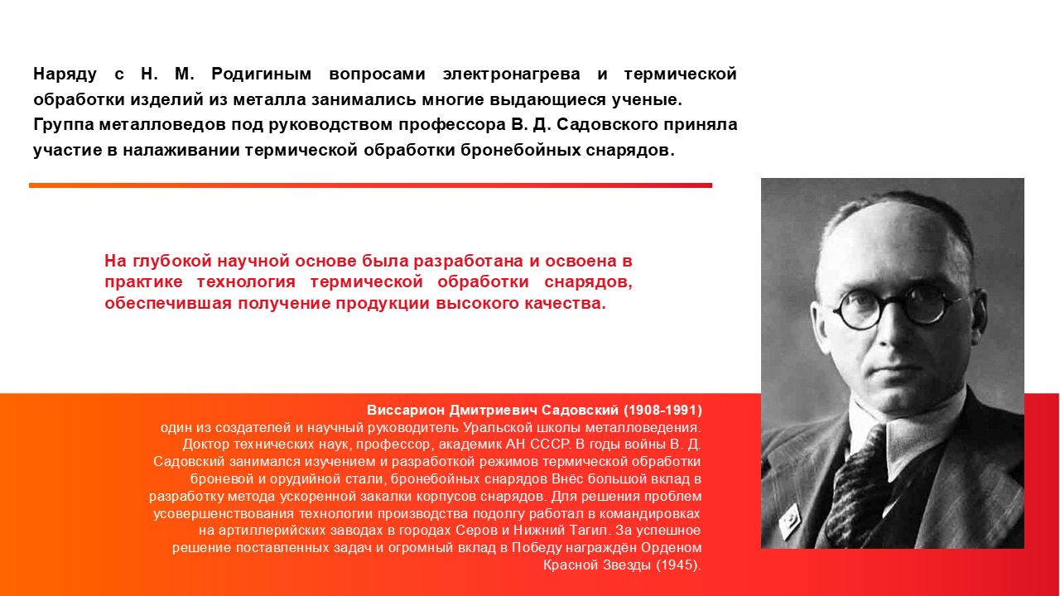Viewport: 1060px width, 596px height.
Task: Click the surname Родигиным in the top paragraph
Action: coord(261,74)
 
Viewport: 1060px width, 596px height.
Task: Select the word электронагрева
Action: coord(512,74)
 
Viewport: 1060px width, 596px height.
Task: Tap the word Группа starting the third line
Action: coord(64,125)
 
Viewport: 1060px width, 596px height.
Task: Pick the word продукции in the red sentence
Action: coord(383,303)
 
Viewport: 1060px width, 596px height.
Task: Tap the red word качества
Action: coord(565,303)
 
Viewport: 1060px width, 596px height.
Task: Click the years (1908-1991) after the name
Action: coord(662,410)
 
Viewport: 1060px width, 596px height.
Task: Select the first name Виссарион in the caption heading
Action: coord(406,410)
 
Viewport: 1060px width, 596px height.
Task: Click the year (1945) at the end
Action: coord(678,565)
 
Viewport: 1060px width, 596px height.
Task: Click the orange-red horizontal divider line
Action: coord(370,185)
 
